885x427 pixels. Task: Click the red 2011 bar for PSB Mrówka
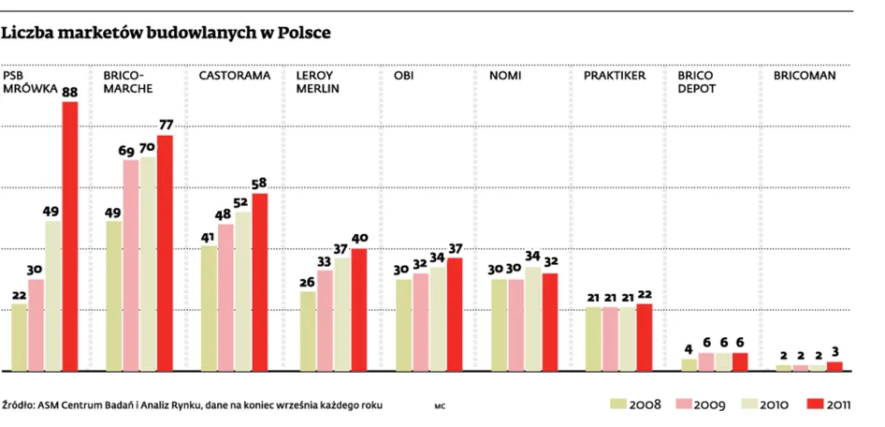click(x=70, y=236)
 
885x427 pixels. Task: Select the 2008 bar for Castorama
click(x=209, y=308)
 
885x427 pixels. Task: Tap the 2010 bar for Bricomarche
click(x=148, y=264)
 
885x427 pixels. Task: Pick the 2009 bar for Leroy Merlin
click(x=325, y=320)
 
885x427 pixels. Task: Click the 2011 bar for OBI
click(x=455, y=315)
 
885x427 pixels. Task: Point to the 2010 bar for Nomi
click(x=533, y=319)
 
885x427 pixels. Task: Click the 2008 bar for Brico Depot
click(x=689, y=364)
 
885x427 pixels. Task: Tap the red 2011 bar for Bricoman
click(x=834, y=366)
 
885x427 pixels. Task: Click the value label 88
click(x=70, y=93)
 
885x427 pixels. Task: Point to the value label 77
click(x=166, y=125)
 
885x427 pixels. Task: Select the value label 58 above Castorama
click(x=260, y=184)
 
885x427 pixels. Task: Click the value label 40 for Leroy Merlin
click(x=358, y=239)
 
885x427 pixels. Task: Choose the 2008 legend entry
click(x=636, y=405)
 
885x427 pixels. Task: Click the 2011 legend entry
click(x=828, y=405)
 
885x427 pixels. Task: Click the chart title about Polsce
click(x=167, y=33)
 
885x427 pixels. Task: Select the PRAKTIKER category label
click(x=615, y=75)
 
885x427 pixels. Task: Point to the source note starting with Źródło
click(x=193, y=405)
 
